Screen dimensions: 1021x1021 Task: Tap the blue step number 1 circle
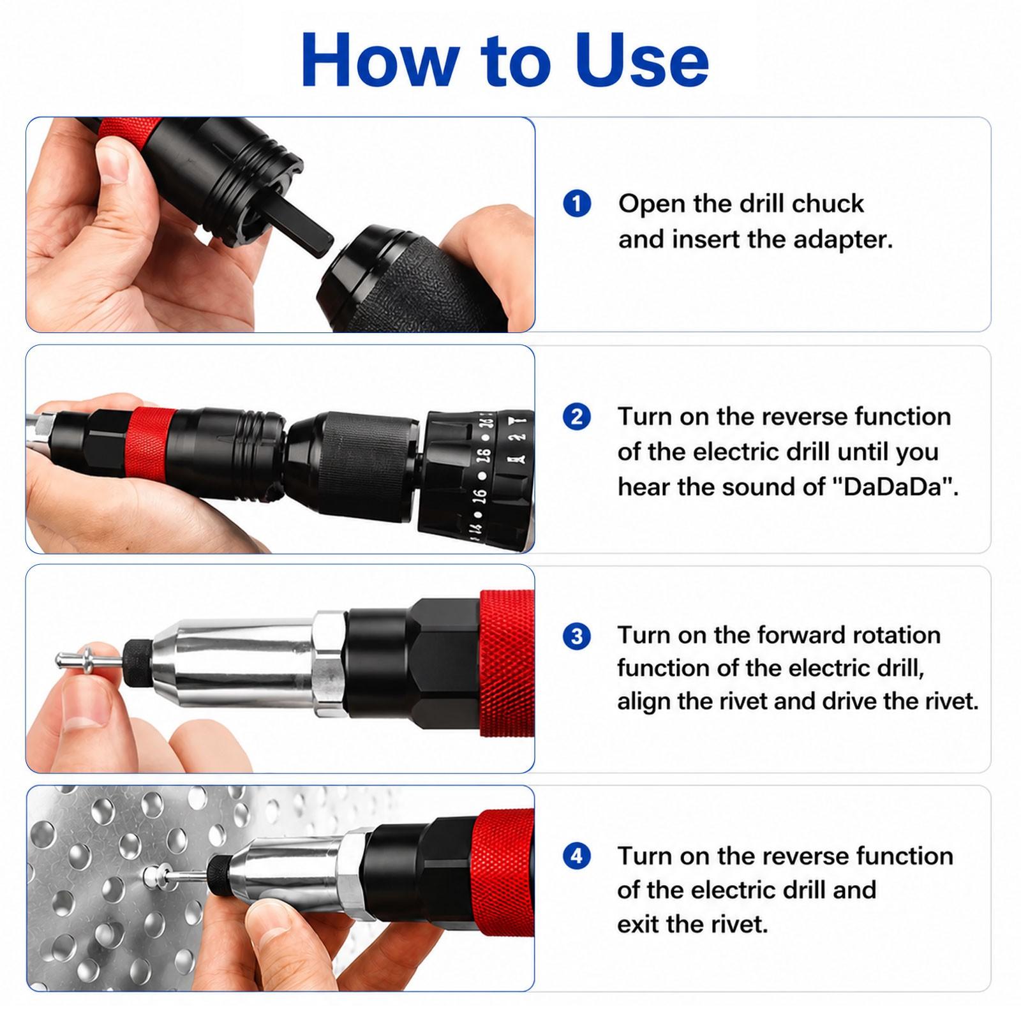[x=577, y=204]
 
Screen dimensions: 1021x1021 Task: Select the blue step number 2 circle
[x=577, y=417]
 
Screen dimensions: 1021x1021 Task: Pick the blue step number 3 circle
[x=577, y=636]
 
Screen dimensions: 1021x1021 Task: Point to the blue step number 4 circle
[x=577, y=856]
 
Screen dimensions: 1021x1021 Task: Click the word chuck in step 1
[x=828, y=204]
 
